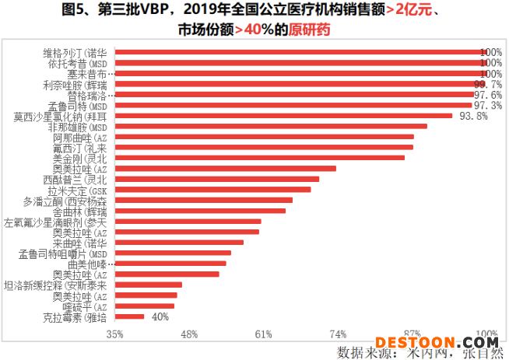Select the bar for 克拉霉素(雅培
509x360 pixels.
pyautogui.click(x=130, y=316)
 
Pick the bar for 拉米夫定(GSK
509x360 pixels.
pyautogui.click(x=212, y=189)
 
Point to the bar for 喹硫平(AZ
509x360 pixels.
pyautogui.click(x=145, y=306)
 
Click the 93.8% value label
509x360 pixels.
pyautogui.click(x=473, y=116)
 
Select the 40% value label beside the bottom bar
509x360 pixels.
pyautogui.click(x=160, y=316)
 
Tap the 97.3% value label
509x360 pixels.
pyautogui.click(x=487, y=105)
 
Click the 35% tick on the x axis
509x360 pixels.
pyautogui.click(x=115, y=334)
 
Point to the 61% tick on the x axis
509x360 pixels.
pyautogui.click(x=263, y=334)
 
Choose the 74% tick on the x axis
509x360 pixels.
pyautogui.click(x=338, y=334)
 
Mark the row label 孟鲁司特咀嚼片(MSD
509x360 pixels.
pyautogui.click(x=61, y=253)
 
